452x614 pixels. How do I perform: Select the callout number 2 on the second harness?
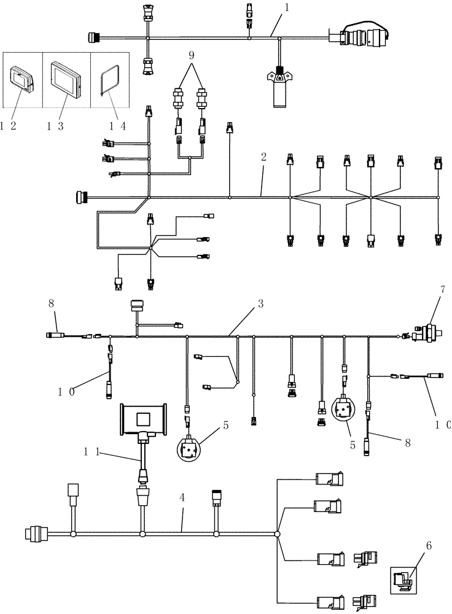click(x=263, y=157)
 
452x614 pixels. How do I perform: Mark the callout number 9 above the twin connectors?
click(x=192, y=55)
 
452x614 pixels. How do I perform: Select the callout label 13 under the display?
click(x=55, y=126)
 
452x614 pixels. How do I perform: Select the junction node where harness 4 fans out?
click(x=277, y=535)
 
